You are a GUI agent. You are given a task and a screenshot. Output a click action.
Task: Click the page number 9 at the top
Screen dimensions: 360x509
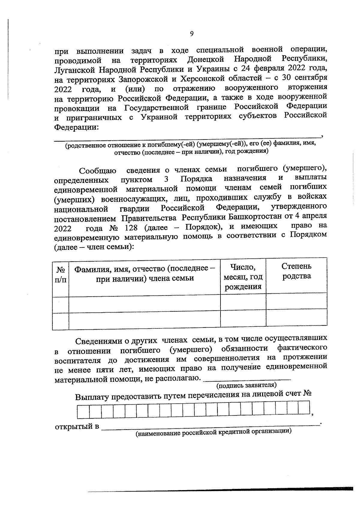click(192, 34)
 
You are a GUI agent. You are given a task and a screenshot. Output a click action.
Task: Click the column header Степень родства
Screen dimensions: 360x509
click(296, 271)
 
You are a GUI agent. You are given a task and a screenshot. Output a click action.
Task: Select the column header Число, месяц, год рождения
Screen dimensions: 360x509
click(243, 277)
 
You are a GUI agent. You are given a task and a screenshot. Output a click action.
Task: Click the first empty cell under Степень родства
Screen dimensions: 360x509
click(296, 301)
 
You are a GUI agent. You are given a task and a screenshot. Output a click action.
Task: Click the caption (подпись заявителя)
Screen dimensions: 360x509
click(246, 385)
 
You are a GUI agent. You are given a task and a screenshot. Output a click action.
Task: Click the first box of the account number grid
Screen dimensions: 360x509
click(83, 412)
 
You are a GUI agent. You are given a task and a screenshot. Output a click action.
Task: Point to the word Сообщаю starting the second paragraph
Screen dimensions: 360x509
click(97, 171)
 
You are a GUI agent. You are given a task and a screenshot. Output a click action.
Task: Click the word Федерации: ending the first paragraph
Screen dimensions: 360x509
click(76, 127)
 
